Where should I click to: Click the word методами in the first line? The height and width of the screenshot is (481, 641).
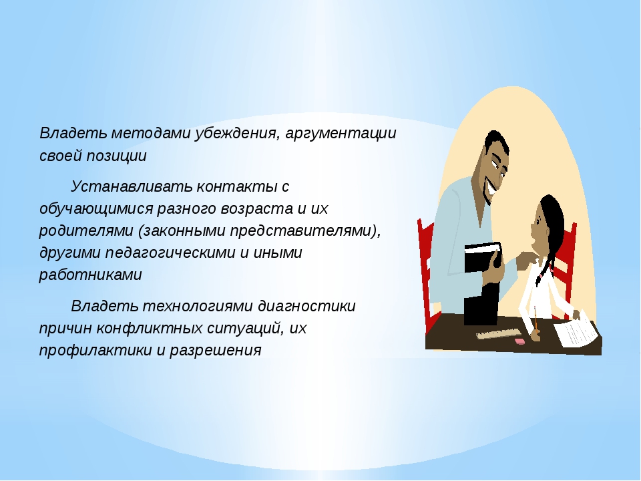(150, 134)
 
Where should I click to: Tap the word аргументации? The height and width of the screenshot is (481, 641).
(341, 134)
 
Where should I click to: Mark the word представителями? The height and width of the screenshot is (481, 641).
(302, 232)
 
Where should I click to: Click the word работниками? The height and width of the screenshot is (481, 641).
(90, 275)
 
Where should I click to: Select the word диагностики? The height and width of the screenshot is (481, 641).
(306, 307)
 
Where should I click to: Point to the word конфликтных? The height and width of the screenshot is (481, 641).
(150, 329)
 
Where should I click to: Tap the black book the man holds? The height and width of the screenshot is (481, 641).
(482, 282)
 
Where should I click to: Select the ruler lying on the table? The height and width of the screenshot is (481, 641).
(499, 334)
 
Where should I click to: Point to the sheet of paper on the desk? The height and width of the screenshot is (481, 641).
(576, 329)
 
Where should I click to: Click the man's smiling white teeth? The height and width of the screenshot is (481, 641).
(492, 190)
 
